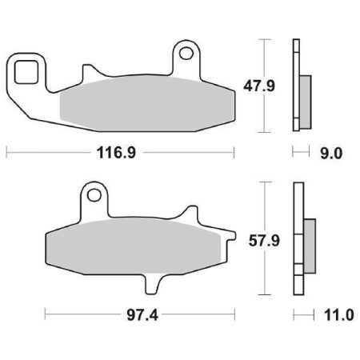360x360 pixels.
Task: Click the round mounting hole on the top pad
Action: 186,54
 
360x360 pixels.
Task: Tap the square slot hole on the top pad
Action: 26,71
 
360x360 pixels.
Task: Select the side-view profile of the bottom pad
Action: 298,240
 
